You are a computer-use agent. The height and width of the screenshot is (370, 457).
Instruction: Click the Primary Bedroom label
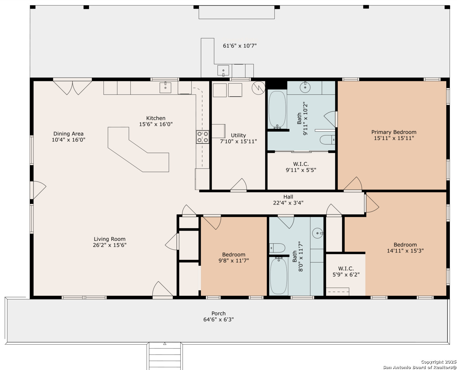point(394,132)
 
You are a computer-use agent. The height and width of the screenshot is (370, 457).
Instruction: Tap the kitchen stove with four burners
point(202,137)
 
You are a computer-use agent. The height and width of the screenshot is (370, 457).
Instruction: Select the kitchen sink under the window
point(165,87)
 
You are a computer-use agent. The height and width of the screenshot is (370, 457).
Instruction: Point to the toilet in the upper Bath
point(327,140)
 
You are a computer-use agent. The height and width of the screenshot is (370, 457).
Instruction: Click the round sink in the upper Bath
point(305,87)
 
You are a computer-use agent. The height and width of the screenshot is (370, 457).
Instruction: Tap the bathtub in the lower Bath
point(278,276)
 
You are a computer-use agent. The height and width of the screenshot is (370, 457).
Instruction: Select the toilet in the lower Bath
point(277,248)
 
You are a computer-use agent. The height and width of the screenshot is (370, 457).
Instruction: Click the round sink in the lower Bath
point(318,233)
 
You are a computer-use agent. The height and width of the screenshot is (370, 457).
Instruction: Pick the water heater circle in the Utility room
point(258,88)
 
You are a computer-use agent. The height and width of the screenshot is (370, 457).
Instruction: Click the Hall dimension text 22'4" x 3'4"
point(288,203)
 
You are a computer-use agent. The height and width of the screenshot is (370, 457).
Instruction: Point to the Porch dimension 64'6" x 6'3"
point(219,319)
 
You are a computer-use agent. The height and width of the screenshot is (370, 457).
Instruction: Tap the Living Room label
point(110,239)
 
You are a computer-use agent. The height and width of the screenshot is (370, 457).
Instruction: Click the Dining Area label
point(69,134)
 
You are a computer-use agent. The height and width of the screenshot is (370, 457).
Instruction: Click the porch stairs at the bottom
point(164,356)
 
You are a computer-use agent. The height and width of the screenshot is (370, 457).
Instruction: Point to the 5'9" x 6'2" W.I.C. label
point(346,272)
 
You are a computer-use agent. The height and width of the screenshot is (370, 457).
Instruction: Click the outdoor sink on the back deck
point(223,71)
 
